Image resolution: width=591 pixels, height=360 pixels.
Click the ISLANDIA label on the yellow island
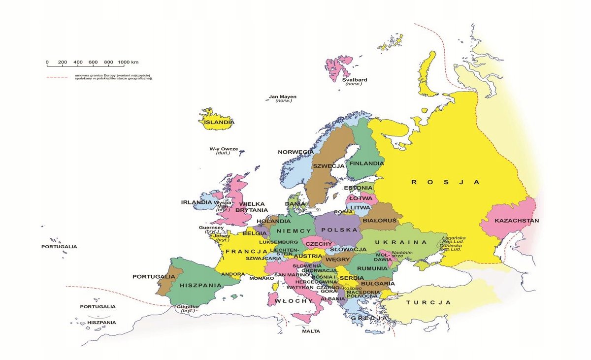click(220, 122)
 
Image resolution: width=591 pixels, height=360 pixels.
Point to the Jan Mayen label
click(283, 97)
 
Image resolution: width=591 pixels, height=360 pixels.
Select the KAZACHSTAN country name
click(517, 220)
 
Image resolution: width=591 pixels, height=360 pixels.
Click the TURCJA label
click(428, 302)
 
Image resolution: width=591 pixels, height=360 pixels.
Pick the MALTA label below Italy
click(311, 331)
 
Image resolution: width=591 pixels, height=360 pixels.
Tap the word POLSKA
click(339, 230)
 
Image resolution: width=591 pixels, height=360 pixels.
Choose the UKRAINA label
click(400, 242)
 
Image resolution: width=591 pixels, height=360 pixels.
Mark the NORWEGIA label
click(295, 152)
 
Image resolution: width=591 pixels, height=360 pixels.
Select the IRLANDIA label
click(196, 202)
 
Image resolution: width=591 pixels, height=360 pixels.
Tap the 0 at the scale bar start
click(47, 62)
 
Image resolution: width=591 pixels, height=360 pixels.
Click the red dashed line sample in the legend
click(57, 77)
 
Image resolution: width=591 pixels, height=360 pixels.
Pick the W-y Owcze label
click(223, 149)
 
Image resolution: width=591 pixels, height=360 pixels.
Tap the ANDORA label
click(233, 274)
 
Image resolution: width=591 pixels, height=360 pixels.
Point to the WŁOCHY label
click(294, 300)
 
